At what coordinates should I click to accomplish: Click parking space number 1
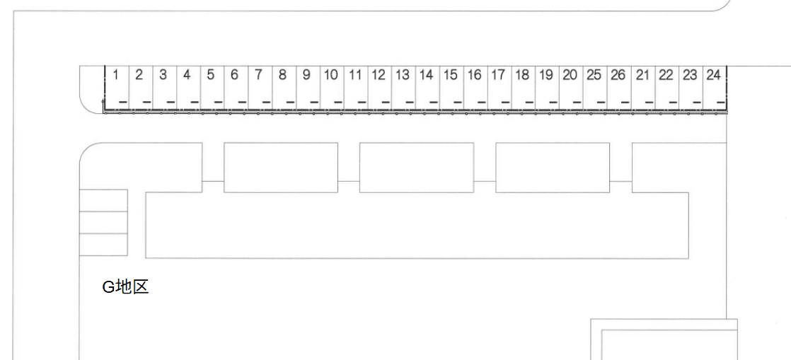pyautogui.click(x=117, y=87)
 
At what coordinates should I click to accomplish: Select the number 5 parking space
pyautogui.click(x=212, y=87)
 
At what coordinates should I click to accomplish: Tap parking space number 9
pyautogui.click(x=308, y=87)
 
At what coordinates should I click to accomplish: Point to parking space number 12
pyautogui.click(x=380, y=87)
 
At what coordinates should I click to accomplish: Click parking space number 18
pyautogui.click(x=524, y=87)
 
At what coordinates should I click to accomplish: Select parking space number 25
pyautogui.click(x=595, y=87)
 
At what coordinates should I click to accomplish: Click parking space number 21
pyautogui.click(x=643, y=87)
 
